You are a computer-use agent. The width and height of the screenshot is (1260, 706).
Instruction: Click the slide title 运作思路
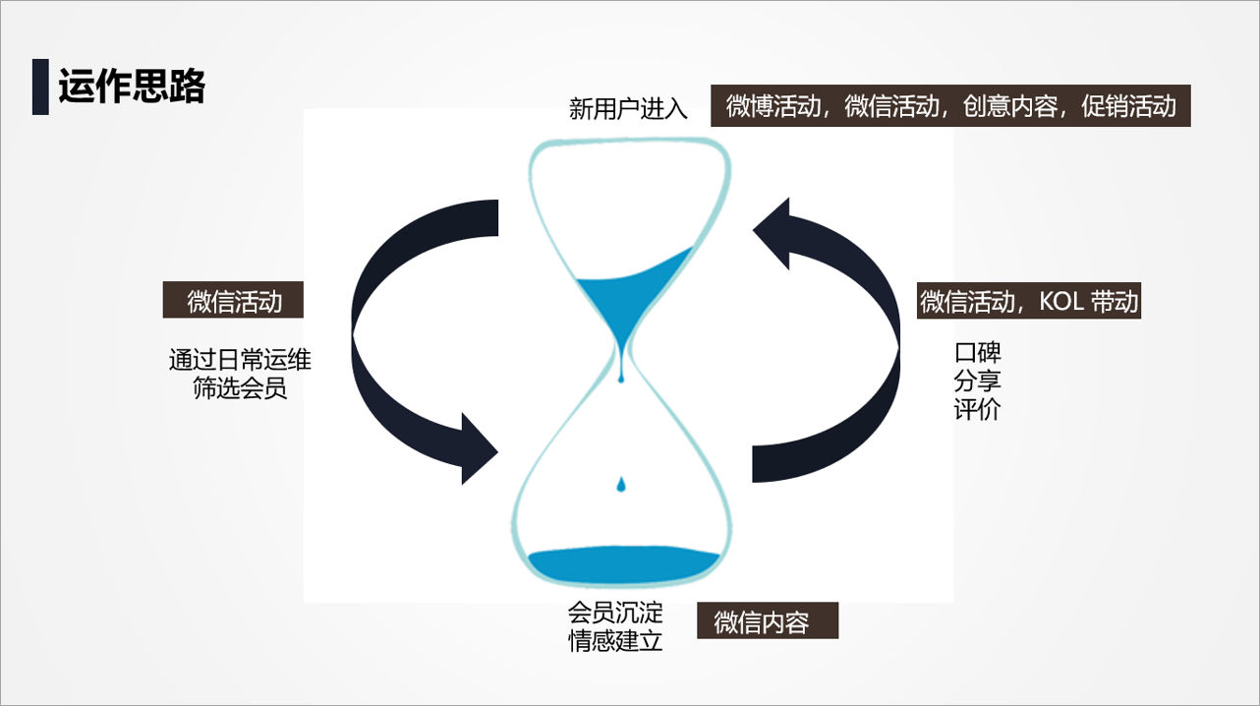point(132,87)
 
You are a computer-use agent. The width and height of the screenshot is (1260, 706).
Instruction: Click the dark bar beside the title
point(40,87)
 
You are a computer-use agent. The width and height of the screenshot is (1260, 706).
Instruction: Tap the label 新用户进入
point(628,108)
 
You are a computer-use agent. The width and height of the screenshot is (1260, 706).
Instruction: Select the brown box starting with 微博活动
point(950,106)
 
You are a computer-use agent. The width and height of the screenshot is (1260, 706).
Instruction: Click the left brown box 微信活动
point(233,301)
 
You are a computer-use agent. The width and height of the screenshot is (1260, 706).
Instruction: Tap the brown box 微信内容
point(767,621)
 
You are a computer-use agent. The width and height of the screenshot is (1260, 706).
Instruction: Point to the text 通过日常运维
point(240,360)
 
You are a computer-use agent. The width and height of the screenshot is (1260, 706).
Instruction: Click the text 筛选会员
point(240,387)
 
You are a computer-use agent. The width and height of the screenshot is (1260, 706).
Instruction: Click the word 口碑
point(977,352)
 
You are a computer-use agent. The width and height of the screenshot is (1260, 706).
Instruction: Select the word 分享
point(977,381)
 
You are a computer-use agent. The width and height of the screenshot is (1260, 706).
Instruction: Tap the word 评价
point(977,409)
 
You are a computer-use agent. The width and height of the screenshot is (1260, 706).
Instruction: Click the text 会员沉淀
point(615,614)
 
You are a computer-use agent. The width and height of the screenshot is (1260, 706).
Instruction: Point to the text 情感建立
point(615,642)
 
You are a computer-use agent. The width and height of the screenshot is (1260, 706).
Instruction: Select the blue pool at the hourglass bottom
point(624,564)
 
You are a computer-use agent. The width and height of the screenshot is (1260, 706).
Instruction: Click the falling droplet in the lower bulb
point(620,484)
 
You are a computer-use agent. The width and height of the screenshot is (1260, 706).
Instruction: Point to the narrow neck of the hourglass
point(621,360)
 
